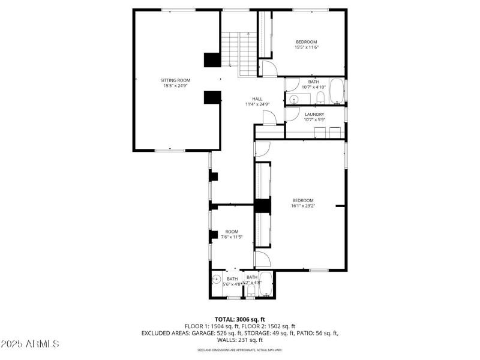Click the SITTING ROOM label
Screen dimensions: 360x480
coord(175,80)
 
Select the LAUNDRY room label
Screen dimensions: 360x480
coord(314,114)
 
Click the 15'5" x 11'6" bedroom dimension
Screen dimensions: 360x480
coord(306,47)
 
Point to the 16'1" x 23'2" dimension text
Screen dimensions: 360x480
coord(303,206)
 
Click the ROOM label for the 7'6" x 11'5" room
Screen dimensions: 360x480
coord(232,232)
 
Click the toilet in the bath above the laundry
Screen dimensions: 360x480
coord(320,97)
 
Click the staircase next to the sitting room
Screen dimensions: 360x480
coord(239,54)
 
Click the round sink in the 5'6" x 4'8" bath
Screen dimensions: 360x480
coord(217,279)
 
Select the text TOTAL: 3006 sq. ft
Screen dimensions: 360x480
coord(240,319)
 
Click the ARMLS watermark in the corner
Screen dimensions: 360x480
coord(30,344)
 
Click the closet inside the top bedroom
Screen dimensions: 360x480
coord(265,34)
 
